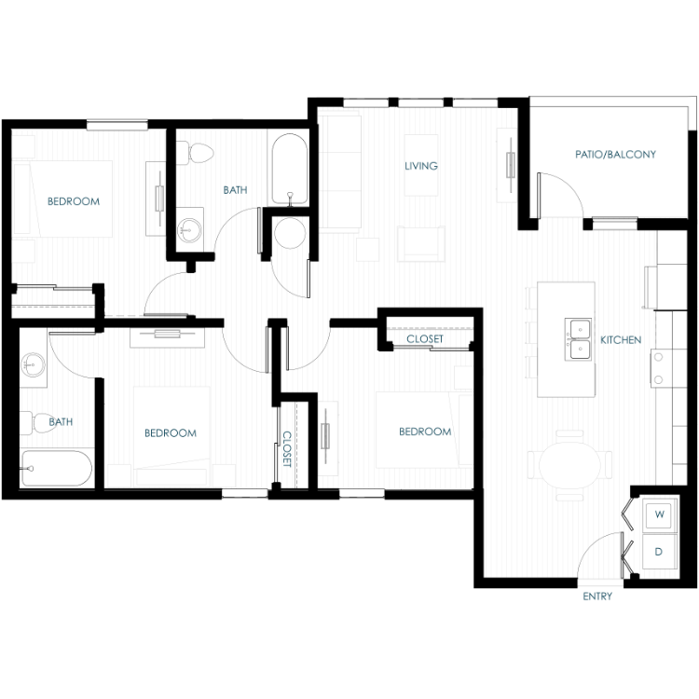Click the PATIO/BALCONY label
pyautogui.click(x=615, y=154)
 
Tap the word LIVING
pyautogui.click(x=421, y=166)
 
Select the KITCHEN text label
pyautogui.click(x=621, y=339)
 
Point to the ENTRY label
pyautogui.click(x=597, y=596)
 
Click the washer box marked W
pyautogui.click(x=659, y=514)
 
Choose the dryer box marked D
pyautogui.click(x=659, y=552)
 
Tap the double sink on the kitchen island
pyautogui.click(x=578, y=339)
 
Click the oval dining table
pyautogui.click(x=569, y=464)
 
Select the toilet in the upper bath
pyautogui.click(x=195, y=153)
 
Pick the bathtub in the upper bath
pyautogui.click(x=290, y=170)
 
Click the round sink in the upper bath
pyautogui.click(x=189, y=230)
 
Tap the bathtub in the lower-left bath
pyautogui.click(x=56, y=468)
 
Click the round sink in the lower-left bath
pyautogui.click(x=33, y=364)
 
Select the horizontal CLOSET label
pyautogui.click(x=425, y=339)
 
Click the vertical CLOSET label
pyautogui.click(x=287, y=449)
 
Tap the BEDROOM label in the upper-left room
pyautogui.click(x=74, y=201)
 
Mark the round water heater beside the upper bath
pyautogui.click(x=290, y=233)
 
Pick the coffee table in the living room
pyautogui.click(x=421, y=165)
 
